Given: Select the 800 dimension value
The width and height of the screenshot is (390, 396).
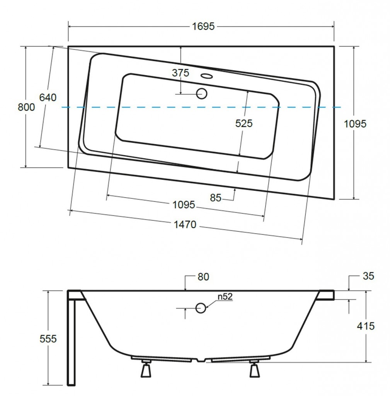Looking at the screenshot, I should tap(26, 107).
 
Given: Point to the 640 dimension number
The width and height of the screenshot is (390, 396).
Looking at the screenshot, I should tap(48, 97).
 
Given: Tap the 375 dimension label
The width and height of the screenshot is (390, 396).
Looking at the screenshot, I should tap(180, 73).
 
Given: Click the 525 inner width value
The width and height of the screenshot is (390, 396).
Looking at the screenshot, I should tap(244, 123).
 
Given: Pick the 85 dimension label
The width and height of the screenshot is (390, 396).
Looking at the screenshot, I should tap(216, 198).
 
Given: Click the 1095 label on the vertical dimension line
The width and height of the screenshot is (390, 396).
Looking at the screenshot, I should tap(355, 123).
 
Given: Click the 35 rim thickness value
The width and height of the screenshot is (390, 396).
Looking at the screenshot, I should tap(369, 276).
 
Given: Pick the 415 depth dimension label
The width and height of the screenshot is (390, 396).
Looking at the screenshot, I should tap(366, 326).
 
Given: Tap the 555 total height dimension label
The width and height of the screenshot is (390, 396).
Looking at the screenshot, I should tap(48, 339).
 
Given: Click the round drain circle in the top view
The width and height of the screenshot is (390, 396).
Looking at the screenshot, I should tap(202, 94).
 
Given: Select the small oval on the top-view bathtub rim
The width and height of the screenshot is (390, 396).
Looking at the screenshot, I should tap(207, 75).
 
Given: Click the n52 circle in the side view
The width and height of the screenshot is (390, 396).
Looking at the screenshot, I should tap(201, 308).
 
